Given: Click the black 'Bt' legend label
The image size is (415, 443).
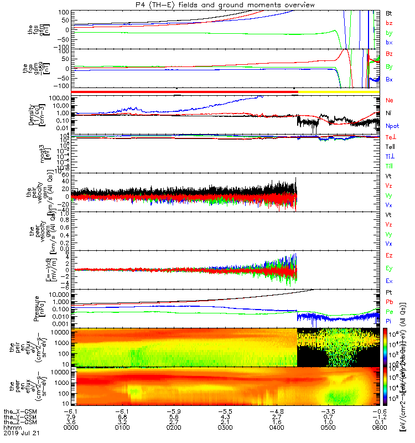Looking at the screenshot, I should (389, 13).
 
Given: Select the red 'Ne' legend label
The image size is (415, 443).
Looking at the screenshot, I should (389, 100).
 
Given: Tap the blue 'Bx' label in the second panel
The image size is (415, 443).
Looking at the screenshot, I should (389, 79).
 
